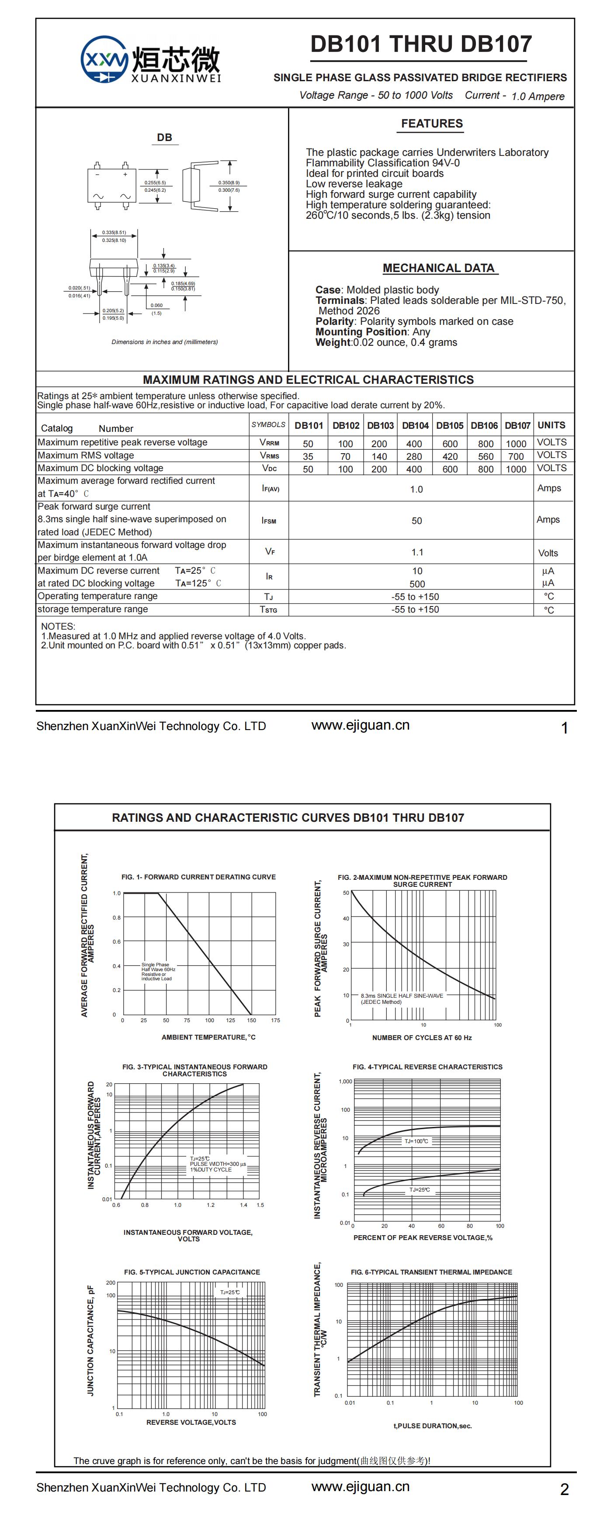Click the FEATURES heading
432,124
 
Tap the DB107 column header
517,425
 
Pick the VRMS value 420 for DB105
450,456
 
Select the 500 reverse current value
417,584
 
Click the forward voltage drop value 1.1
417,552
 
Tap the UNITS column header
551,425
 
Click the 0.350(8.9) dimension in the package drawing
229,183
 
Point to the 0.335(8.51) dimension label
114,232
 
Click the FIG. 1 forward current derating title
198,877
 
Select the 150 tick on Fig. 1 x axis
251,1020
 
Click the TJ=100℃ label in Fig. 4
416,1141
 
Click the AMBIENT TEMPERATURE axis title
208,1037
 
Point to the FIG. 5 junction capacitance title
192,1272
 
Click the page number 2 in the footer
564,1489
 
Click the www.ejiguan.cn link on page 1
361,726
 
